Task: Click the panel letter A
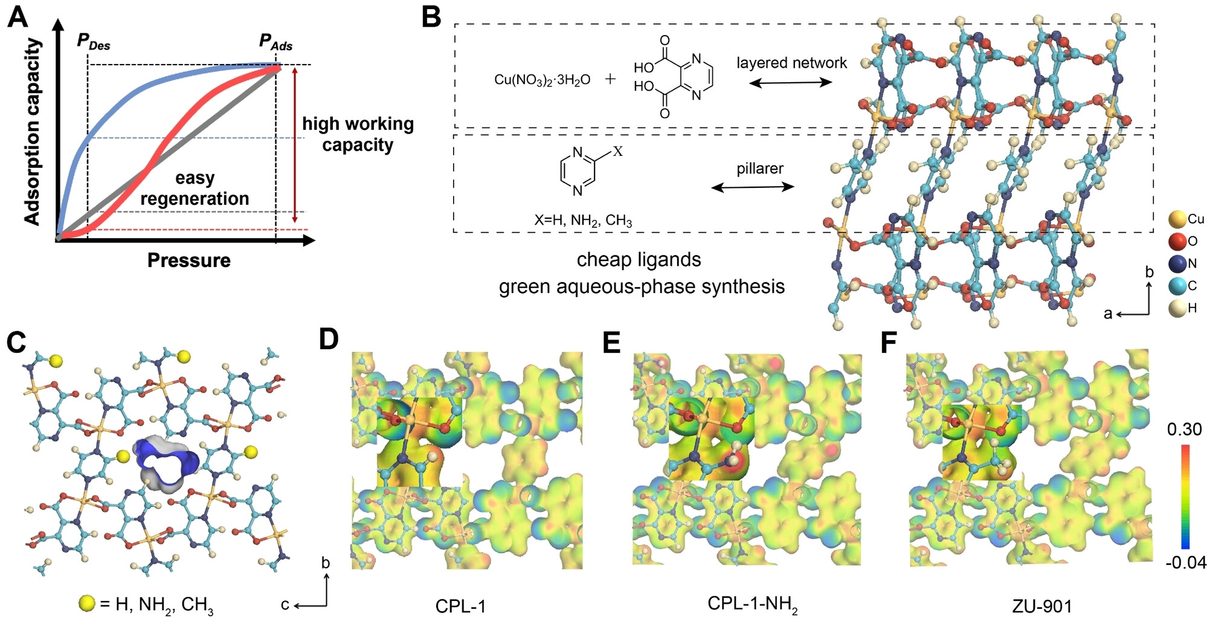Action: (x=18, y=17)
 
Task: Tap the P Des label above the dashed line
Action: (x=93, y=41)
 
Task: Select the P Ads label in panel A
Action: (x=275, y=42)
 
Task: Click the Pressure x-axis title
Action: (x=189, y=260)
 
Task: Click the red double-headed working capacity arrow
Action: (x=295, y=145)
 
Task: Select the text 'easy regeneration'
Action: (x=195, y=188)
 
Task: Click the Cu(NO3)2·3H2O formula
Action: (x=542, y=80)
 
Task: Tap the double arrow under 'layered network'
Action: (x=791, y=82)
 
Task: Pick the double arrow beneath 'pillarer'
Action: (x=753, y=187)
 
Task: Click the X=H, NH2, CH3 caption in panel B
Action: (x=583, y=220)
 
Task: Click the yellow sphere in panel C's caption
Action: (x=87, y=603)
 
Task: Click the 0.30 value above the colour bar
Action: (x=1184, y=430)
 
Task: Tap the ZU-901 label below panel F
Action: (x=1041, y=606)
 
